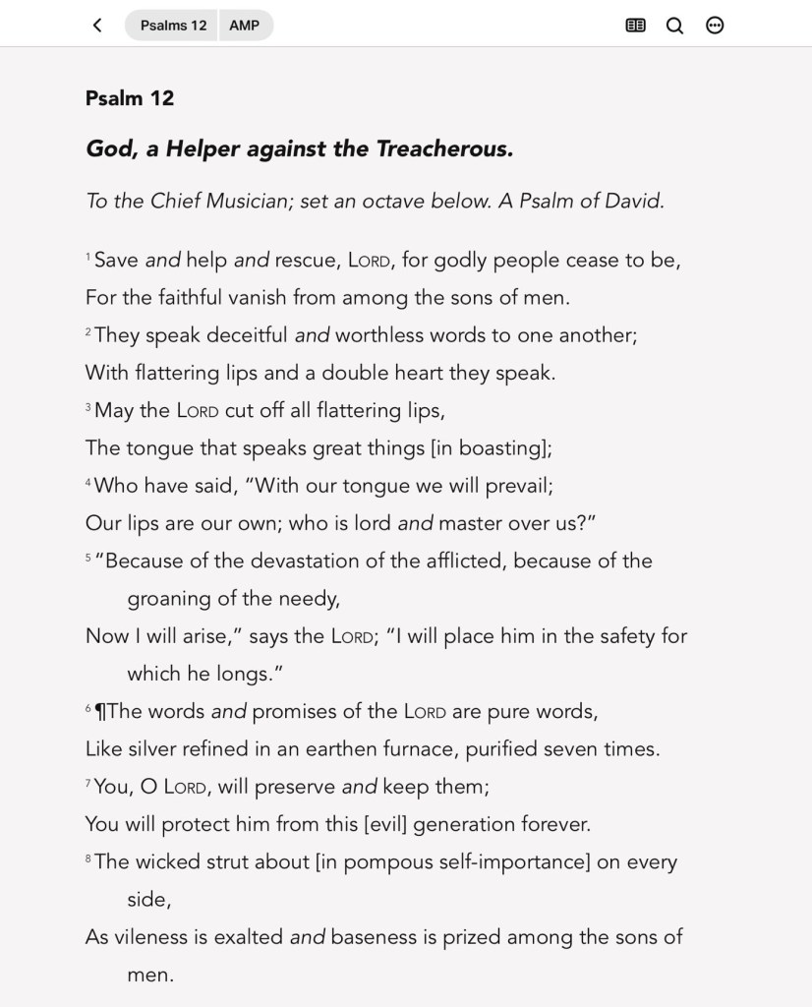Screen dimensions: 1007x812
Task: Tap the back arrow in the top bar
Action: pyautogui.click(x=97, y=26)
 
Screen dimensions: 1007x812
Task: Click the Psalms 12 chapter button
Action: pyautogui.click(x=173, y=26)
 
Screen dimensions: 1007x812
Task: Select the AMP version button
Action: pyautogui.click(x=245, y=26)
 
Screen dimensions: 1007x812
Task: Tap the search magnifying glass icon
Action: pyautogui.click(x=675, y=26)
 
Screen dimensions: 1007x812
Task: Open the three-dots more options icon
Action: pyautogui.click(x=716, y=26)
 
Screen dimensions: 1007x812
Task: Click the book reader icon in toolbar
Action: pyautogui.click(x=636, y=26)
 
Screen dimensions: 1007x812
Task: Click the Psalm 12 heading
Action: pyautogui.click(x=130, y=98)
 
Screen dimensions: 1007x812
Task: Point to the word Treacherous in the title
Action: pyautogui.click(x=444, y=149)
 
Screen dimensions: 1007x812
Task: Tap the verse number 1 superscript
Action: pyautogui.click(x=88, y=258)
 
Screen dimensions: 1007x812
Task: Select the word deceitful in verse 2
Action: pyautogui.click(x=241, y=335)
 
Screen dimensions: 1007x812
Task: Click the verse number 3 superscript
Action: pyautogui.click(x=88, y=407)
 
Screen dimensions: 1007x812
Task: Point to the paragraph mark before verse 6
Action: pyautogui.click(x=99, y=711)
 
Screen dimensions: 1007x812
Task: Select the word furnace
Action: pyautogui.click(x=406, y=749)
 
